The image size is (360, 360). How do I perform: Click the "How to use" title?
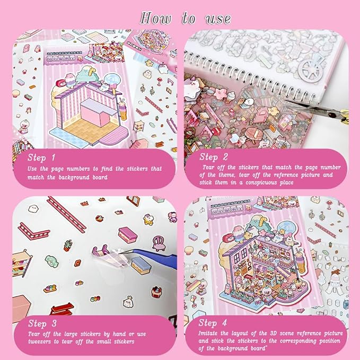[x=185, y=18]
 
